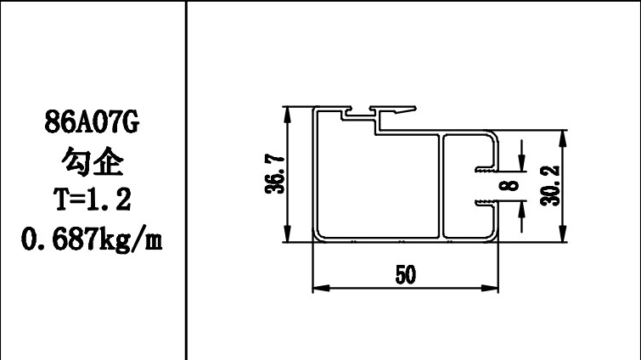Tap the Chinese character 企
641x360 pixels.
coord(110,163)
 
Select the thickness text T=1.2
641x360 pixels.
coord(91,200)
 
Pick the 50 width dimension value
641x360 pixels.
coord(405,276)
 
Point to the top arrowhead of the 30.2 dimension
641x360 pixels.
coord(563,137)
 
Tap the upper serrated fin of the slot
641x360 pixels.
coord(486,168)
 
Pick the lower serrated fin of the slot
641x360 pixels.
coord(486,202)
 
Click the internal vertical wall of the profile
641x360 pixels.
coord(441,186)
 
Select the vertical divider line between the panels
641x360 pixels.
coord(186,180)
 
